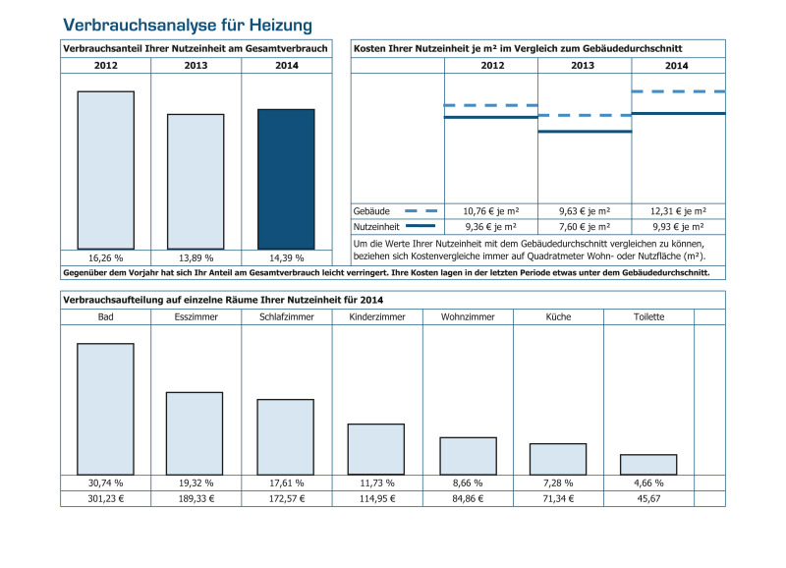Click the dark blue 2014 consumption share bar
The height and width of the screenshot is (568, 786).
point(286,179)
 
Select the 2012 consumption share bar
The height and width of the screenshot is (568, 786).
point(106,170)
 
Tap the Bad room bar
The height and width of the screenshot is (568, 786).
point(105,409)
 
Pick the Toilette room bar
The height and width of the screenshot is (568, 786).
point(648,465)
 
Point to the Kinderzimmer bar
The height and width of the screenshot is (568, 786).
point(376,449)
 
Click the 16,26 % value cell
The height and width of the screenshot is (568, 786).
point(106,258)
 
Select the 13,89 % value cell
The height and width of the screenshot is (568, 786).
point(196,258)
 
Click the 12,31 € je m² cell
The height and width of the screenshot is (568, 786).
point(678,211)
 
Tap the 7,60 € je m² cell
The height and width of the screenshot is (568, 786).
point(585,227)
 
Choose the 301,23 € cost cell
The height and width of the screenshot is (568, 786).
point(106,499)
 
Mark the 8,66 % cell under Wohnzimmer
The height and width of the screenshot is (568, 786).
point(468,483)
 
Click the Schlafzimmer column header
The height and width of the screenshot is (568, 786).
point(287,316)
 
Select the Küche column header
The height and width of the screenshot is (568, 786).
point(558,316)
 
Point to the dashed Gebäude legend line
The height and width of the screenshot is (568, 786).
point(421,211)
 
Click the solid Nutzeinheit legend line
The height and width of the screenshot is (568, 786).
point(421,226)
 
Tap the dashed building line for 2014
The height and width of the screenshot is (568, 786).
point(679,91)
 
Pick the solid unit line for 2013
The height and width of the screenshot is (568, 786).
point(585,132)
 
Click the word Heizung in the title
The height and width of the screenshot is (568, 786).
point(281,25)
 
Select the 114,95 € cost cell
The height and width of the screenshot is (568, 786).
point(377,499)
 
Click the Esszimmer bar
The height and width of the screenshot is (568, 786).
point(195,433)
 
